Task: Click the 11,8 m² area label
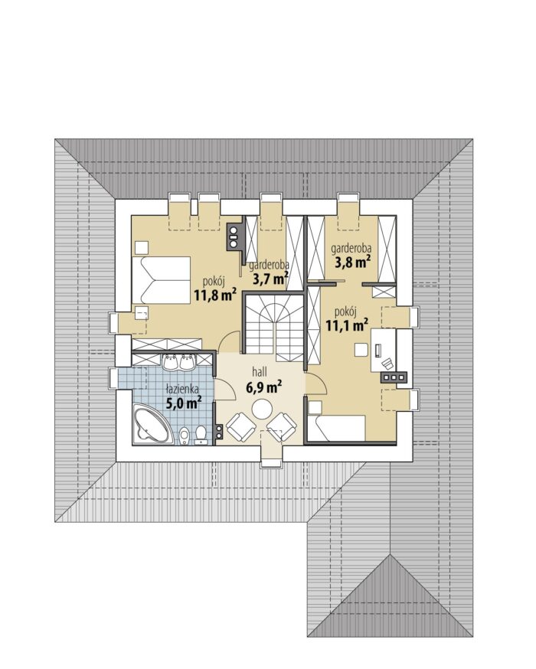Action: [x=215, y=295]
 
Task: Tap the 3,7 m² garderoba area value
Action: [x=270, y=279]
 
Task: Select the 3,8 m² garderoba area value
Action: [x=352, y=263]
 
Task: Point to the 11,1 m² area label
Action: [x=348, y=325]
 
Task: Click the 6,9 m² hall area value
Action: [x=263, y=387]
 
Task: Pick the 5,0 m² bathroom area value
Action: [x=184, y=403]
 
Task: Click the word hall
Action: [x=260, y=371]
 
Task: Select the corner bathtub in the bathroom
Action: [x=152, y=426]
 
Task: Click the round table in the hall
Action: [x=262, y=410]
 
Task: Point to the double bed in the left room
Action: [x=161, y=280]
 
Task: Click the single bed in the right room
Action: [x=336, y=428]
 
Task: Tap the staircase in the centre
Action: [x=273, y=323]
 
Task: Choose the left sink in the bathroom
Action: [x=172, y=362]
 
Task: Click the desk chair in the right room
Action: [x=387, y=364]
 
